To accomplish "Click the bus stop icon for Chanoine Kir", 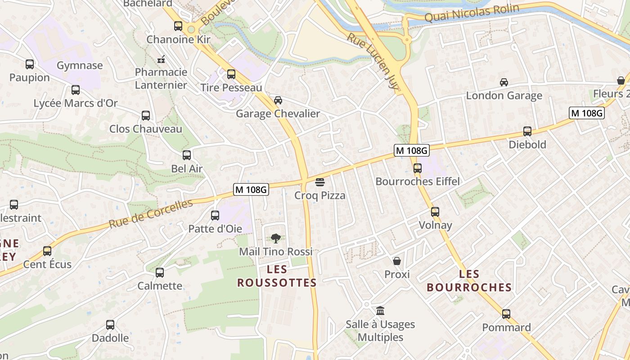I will [x=178, y=26].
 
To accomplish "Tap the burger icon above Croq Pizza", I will [x=320, y=182].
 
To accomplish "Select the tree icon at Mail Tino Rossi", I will [x=275, y=238].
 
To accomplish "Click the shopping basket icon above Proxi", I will [x=397, y=261].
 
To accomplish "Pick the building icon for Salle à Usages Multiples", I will [x=380, y=310].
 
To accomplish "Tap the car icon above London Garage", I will [x=504, y=82].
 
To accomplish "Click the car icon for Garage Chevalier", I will [x=278, y=100].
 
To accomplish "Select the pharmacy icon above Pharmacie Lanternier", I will [x=161, y=59].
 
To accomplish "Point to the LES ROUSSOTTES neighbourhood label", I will [x=277, y=276].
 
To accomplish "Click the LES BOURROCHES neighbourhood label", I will [x=469, y=281].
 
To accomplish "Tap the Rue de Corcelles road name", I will [x=151, y=214].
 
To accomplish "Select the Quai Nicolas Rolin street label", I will [x=472, y=13].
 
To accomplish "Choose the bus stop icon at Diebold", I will [x=527, y=131].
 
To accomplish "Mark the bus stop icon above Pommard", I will [x=506, y=314].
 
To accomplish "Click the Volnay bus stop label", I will [x=435, y=225].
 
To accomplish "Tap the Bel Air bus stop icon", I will [x=187, y=155].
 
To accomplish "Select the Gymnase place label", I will [x=80, y=66].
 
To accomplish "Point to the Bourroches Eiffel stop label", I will [x=418, y=181].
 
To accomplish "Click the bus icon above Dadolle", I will [x=110, y=324].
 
